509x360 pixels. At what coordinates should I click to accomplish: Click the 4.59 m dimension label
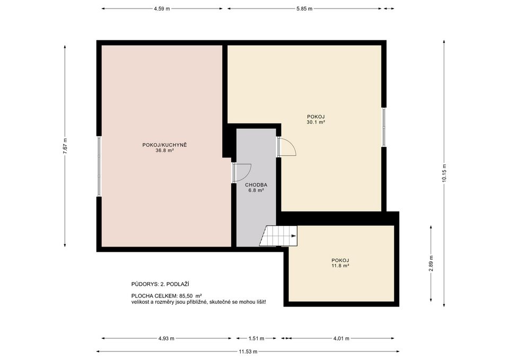pyautogui.click(x=162, y=8)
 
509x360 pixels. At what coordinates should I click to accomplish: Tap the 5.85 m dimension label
pyautogui.click(x=304, y=8)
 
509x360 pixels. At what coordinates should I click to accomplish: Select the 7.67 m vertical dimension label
pyautogui.click(x=65, y=146)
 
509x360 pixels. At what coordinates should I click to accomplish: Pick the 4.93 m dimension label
pyautogui.click(x=166, y=338)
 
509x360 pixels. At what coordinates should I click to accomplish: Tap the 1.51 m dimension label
pyautogui.click(x=256, y=338)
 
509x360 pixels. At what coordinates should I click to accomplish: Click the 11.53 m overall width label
pyautogui.click(x=248, y=351)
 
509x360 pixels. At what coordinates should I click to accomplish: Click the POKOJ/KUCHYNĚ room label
pyautogui.click(x=165, y=145)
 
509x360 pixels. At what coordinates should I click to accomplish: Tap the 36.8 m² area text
pyautogui.click(x=165, y=151)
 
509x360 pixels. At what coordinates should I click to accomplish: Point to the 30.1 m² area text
pyautogui.click(x=315, y=122)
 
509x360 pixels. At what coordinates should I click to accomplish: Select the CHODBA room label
pyautogui.click(x=256, y=185)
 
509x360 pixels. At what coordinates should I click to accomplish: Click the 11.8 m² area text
pyautogui.click(x=340, y=266)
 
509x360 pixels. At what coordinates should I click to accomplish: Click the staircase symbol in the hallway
pyautogui.click(x=278, y=236)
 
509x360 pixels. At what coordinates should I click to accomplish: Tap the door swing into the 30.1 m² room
pyautogui.click(x=287, y=147)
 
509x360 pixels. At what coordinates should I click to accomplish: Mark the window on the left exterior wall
pyautogui.click(x=99, y=166)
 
